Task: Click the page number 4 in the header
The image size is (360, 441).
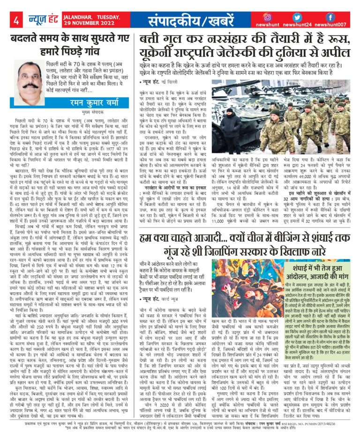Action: pos(15,20)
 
